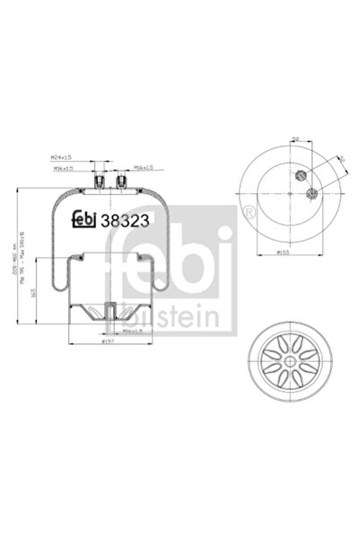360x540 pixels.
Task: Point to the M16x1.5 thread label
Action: (144, 167)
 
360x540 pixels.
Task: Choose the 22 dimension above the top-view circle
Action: (294, 140)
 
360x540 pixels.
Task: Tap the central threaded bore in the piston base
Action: (108, 316)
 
